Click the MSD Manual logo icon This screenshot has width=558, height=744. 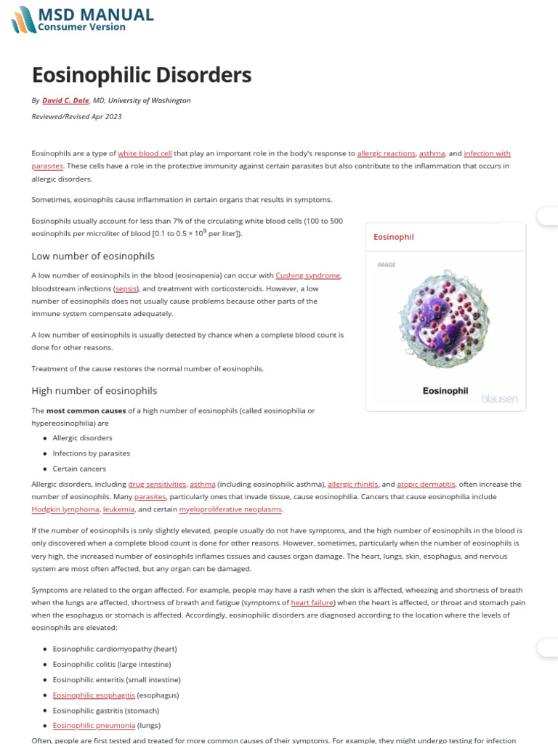(23, 19)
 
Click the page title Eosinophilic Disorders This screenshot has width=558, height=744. (141, 75)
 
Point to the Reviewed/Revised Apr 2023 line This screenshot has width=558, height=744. (76, 116)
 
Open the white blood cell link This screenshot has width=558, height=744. (145, 153)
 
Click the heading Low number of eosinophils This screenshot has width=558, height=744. (93, 256)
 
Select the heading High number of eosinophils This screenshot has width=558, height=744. (94, 390)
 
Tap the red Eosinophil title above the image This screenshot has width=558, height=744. (393, 237)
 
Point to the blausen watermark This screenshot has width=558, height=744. (500, 398)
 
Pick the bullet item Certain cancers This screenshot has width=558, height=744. (79, 469)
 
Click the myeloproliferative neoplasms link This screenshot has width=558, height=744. (230, 509)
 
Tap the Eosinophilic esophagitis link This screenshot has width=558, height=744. (94, 695)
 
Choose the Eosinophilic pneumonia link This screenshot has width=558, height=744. (94, 725)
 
